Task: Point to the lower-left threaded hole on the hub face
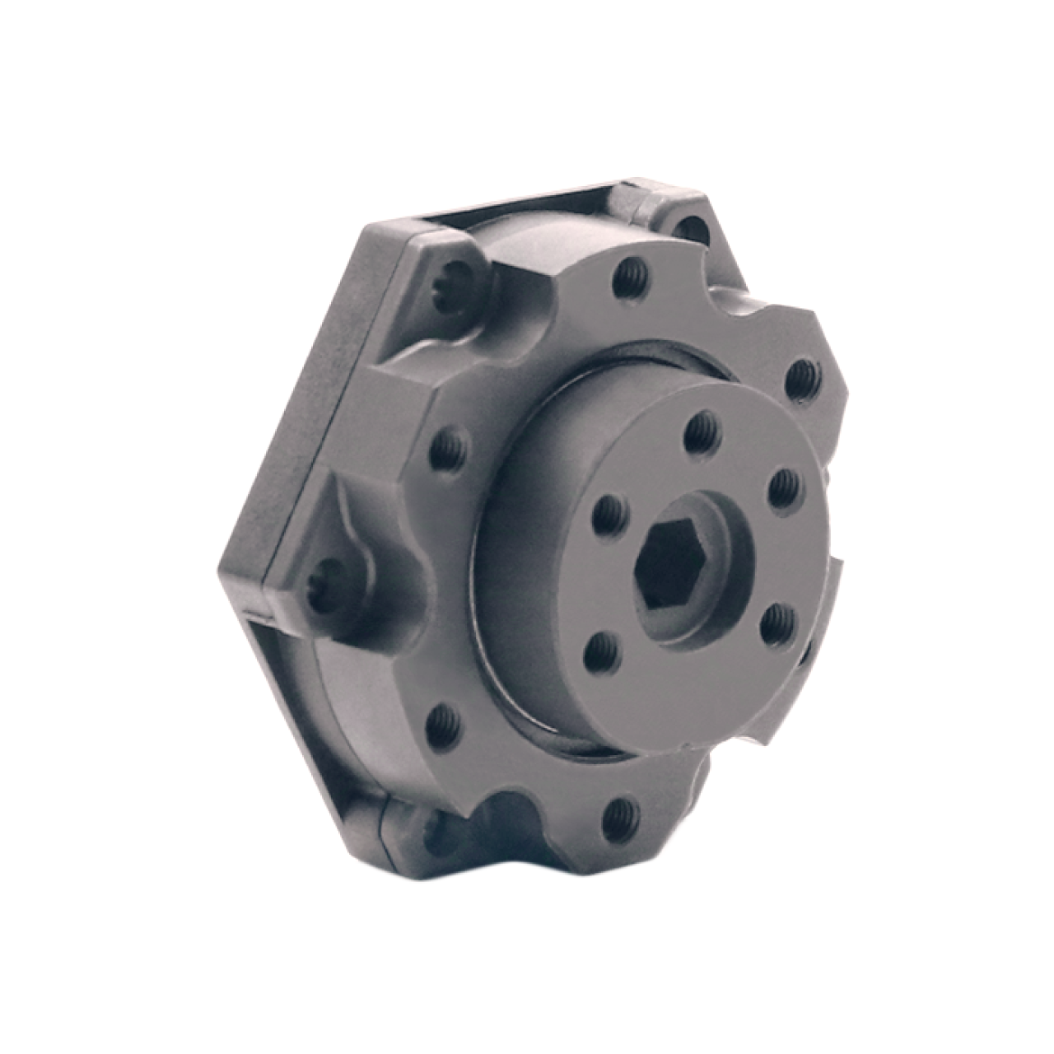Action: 598,655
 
